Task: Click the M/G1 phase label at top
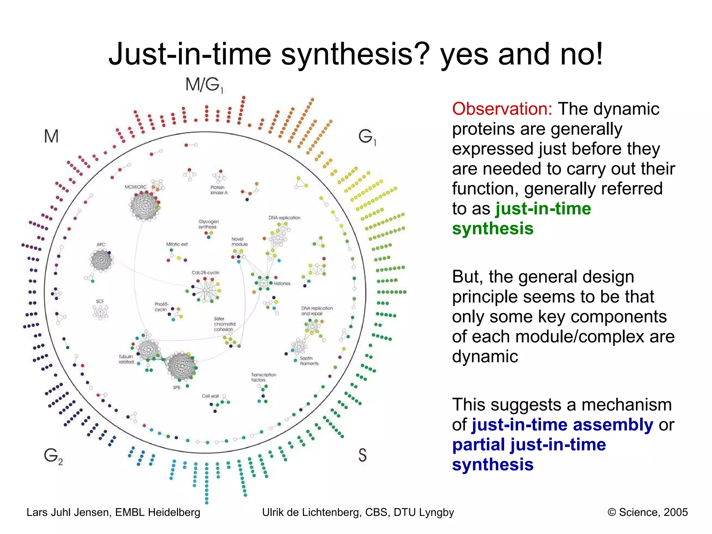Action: (x=204, y=84)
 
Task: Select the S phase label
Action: (x=362, y=455)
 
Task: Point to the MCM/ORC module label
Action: (x=136, y=187)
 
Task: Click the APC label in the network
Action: (x=101, y=244)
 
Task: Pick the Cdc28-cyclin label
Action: (x=205, y=273)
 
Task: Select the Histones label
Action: (x=282, y=284)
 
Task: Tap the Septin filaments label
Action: (x=309, y=361)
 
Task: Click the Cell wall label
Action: (x=210, y=396)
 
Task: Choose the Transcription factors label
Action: (x=264, y=377)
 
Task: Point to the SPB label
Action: (x=177, y=387)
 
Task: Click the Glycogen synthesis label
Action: (x=209, y=224)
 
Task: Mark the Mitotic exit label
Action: (x=177, y=244)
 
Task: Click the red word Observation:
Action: (x=502, y=109)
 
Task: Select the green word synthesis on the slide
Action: (x=493, y=229)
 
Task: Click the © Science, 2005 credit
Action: (x=647, y=512)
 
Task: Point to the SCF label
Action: (x=100, y=301)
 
